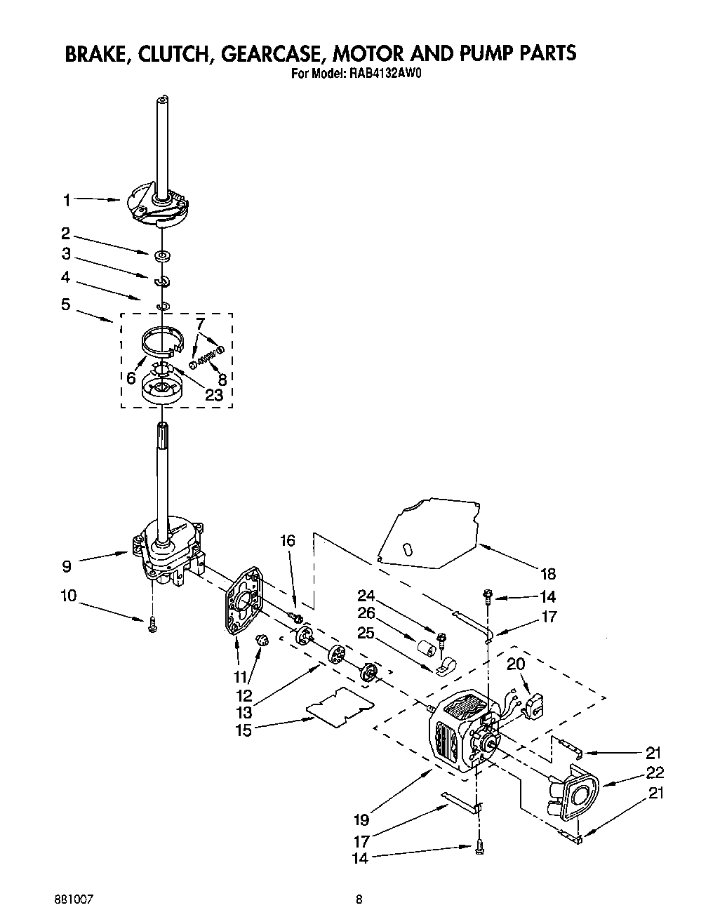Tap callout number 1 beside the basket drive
point(67,201)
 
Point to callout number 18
point(547,574)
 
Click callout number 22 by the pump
point(653,773)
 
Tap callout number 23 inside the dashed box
point(213,395)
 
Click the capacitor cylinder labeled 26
point(427,647)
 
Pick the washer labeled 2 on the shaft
point(161,255)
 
